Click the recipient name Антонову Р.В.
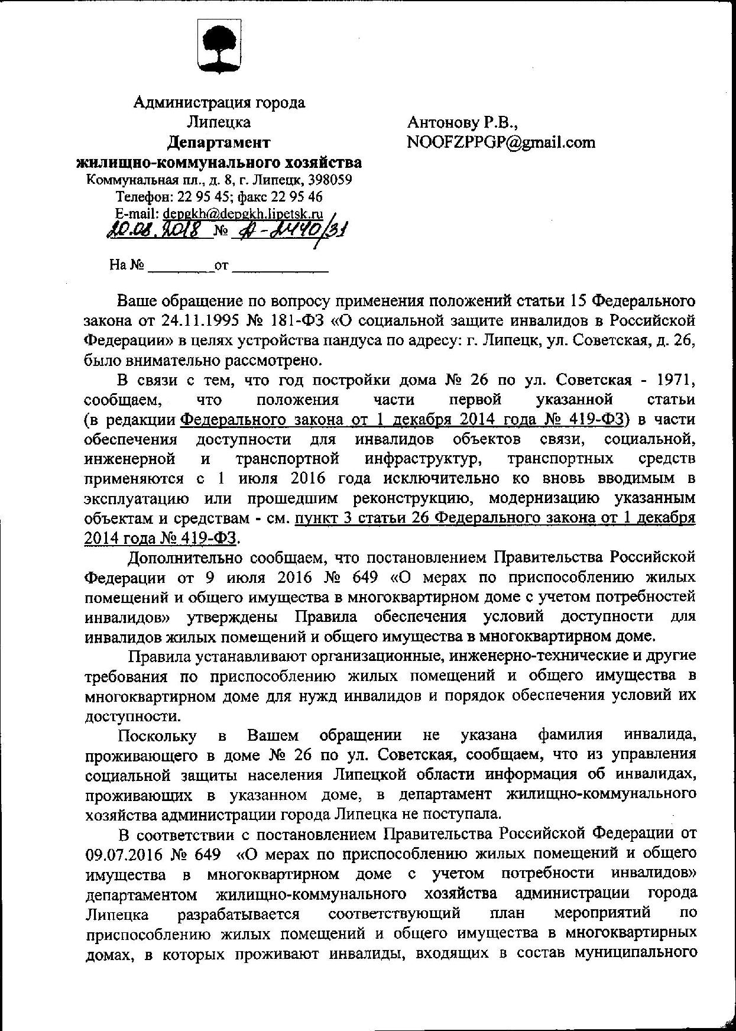[462, 122]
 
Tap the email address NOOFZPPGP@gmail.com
[501, 142]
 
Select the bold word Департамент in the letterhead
[219, 142]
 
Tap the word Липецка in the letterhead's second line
[219, 122]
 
